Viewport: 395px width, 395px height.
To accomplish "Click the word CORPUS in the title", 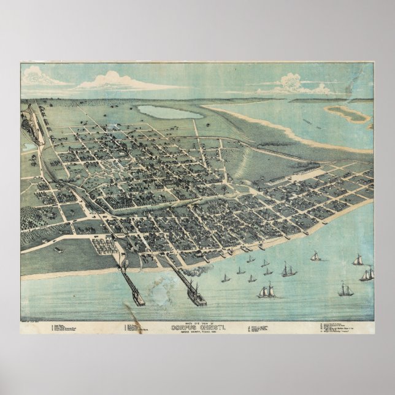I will [182, 328].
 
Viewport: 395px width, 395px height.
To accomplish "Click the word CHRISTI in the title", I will [211, 328].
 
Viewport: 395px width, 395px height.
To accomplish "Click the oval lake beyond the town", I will [169, 112].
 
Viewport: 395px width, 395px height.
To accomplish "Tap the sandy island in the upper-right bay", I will [351, 113].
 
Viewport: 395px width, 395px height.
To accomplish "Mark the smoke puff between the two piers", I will [161, 283].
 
